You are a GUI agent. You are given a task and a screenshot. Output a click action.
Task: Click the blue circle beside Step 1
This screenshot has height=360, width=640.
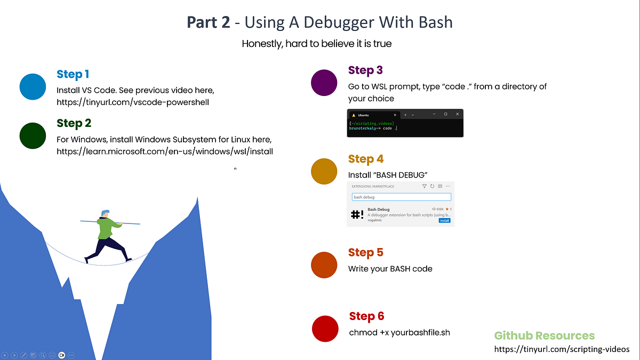coord(33,87)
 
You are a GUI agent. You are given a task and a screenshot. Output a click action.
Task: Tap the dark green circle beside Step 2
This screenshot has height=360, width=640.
coord(33,135)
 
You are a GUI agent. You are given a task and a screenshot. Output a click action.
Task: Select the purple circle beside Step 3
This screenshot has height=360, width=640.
coord(324,83)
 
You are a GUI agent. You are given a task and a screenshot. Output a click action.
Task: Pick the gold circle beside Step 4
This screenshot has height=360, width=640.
coord(324,171)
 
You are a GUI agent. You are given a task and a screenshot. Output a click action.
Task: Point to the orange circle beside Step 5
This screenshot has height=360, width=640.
coord(324,265)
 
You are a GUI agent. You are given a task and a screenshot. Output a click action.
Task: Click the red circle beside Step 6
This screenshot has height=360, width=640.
coord(325,329)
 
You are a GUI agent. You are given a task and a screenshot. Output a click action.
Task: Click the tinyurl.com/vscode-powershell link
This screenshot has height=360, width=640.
coord(132,102)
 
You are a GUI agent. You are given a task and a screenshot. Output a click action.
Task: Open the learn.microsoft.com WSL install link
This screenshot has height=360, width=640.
coord(165,151)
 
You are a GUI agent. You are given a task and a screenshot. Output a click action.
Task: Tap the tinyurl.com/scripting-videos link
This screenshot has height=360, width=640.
coord(562,349)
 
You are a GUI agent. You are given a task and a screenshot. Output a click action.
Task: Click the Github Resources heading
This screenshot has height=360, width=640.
coord(544,335)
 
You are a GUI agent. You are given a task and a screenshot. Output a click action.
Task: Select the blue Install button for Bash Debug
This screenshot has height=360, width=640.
coord(444,220)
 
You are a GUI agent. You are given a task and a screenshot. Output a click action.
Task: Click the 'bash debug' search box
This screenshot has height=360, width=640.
coord(401,197)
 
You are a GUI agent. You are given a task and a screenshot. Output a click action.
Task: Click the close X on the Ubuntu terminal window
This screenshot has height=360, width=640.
coord(457,114)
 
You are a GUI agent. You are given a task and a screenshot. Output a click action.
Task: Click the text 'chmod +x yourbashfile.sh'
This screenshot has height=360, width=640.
coord(399,333)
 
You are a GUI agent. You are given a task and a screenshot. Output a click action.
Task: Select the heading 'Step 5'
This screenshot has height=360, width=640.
coord(365,252)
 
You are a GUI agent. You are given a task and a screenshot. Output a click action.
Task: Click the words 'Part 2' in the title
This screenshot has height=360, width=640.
coord(209,22)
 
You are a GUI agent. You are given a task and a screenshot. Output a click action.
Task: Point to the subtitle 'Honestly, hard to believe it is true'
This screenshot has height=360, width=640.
coord(316,44)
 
